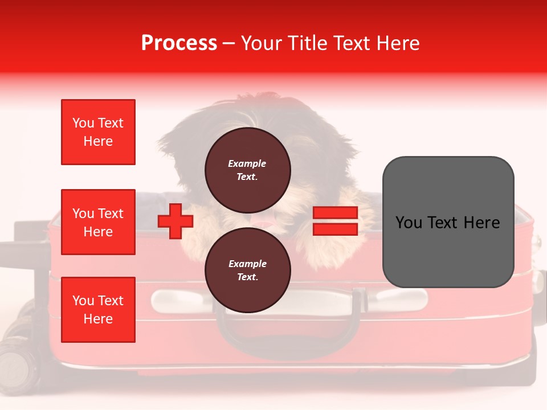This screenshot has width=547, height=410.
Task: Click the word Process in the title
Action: pos(179,43)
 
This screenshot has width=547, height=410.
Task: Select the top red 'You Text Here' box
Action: pos(98,132)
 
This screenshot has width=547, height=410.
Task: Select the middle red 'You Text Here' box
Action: pos(98,222)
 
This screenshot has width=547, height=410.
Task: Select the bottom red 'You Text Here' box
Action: pos(98,310)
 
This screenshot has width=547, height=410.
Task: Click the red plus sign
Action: pos(175,221)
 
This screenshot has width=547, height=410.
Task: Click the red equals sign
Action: pos(335,221)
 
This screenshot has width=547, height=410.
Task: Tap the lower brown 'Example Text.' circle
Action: pos(247,270)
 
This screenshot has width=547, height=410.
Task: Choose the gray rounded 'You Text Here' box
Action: pos(448,222)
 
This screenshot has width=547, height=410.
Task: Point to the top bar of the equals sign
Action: pos(335,213)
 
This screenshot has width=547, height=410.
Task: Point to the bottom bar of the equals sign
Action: pos(335,229)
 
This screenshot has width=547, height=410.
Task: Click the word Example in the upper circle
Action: pos(247,163)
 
